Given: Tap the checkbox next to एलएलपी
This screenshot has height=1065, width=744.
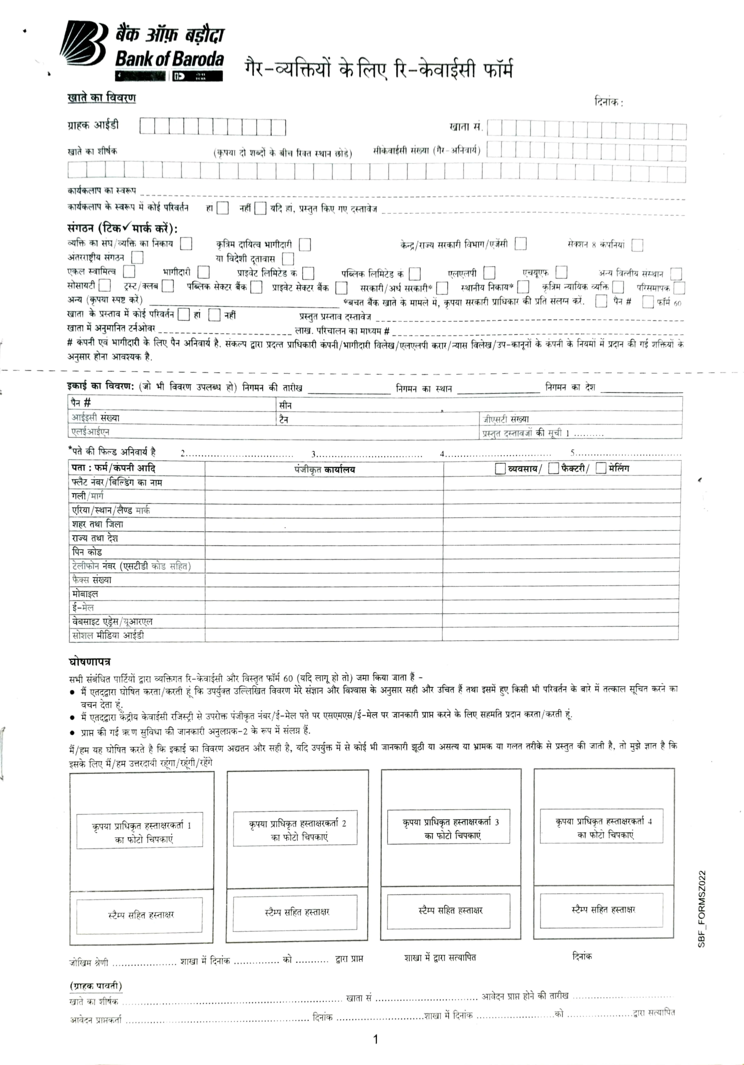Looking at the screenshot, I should click(489, 272).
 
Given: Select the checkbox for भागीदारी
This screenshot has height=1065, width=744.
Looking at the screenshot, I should click(203, 272).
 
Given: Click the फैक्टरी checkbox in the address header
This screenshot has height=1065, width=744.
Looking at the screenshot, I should click(553, 468).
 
